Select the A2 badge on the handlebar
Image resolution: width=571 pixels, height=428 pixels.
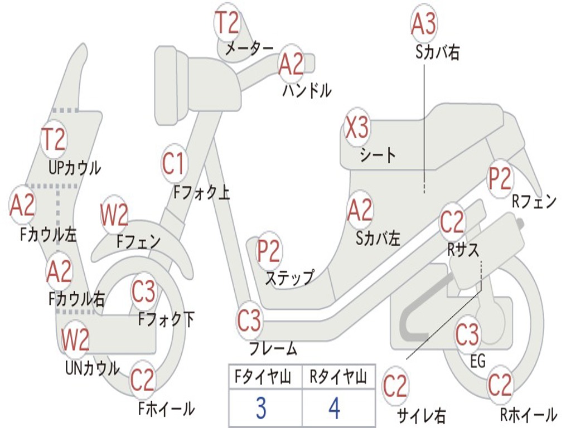pos(291,64)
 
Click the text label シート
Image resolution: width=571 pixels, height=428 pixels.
pos(378,155)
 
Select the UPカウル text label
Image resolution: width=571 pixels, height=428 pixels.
pos(75,167)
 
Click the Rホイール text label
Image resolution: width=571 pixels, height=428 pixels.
pos(528,415)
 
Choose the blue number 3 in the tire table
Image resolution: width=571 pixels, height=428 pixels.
pos(260,408)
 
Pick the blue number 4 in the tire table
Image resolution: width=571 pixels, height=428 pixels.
pos(335,408)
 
